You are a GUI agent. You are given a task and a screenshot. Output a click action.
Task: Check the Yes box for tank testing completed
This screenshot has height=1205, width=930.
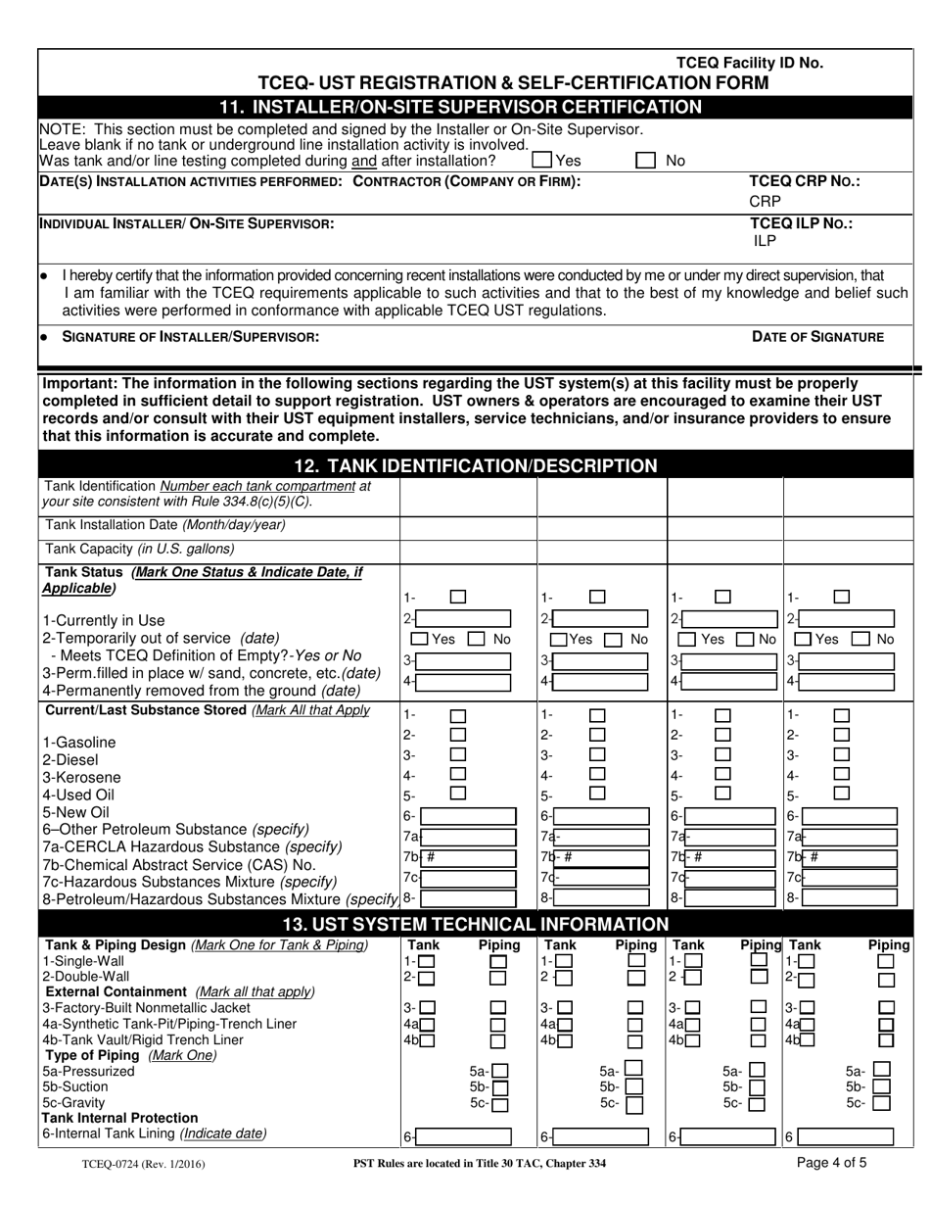click(541, 160)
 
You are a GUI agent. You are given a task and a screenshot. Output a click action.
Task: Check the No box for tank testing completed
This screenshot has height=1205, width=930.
click(645, 160)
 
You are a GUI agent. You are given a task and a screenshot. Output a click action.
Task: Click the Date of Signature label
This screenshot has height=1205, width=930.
click(817, 336)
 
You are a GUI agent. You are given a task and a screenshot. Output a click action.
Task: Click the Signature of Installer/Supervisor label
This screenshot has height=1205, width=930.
click(190, 336)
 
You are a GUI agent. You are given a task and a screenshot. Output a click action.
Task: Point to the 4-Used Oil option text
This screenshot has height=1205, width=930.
click(78, 795)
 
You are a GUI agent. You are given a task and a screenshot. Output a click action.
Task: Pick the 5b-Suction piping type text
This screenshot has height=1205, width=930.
click(76, 1086)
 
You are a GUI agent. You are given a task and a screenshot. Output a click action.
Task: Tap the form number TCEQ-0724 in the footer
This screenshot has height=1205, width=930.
click(137, 1167)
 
